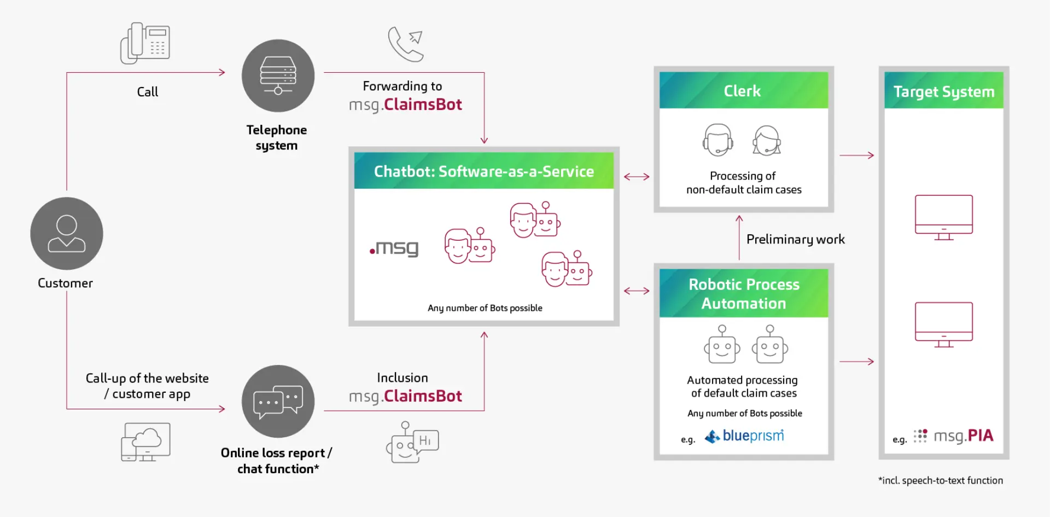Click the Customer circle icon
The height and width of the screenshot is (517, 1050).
click(x=66, y=234)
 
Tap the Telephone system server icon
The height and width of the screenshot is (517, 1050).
click(x=278, y=75)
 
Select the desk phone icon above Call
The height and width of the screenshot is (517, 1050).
click(x=145, y=43)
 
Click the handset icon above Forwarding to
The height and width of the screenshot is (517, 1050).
click(x=405, y=44)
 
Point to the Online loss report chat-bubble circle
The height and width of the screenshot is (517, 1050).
click(x=278, y=401)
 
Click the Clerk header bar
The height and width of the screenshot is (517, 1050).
click(x=743, y=91)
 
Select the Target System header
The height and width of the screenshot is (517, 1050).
click(x=943, y=91)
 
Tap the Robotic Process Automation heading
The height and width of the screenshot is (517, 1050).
click(x=743, y=294)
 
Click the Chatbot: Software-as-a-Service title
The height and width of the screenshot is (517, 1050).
click(x=483, y=172)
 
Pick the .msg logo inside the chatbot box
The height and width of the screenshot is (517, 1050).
click(x=394, y=248)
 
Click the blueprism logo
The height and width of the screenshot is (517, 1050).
click(x=744, y=436)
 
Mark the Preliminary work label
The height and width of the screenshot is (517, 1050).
click(x=795, y=240)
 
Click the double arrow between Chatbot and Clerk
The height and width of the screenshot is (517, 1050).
click(x=637, y=177)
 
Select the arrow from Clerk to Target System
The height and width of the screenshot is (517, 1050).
click(x=856, y=155)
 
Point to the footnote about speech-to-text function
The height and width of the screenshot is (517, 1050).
click(x=940, y=480)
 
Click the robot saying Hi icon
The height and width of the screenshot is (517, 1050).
click(x=412, y=443)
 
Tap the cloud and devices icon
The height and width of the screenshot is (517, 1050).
click(x=145, y=442)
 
